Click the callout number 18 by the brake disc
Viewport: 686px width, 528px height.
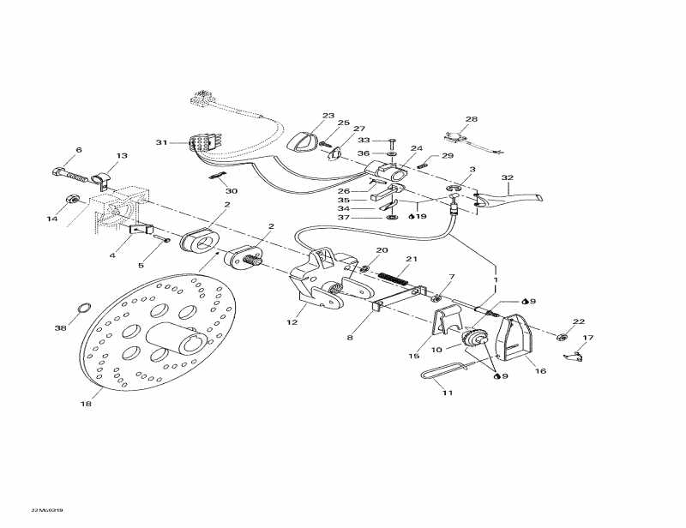pos(86,404)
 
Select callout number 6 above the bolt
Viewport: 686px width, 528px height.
pos(78,151)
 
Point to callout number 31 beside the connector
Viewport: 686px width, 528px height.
pos(160,141)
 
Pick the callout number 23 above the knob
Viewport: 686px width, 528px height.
pos(304,116)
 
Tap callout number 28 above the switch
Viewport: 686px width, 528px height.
pos(471,119)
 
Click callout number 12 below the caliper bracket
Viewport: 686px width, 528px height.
pos(292,322)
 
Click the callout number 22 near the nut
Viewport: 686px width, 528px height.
pos(579,321)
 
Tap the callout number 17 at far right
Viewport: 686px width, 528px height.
pos(589,338)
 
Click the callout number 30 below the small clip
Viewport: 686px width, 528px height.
pos(232,190)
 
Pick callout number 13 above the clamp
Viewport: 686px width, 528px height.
pos(122,156)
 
